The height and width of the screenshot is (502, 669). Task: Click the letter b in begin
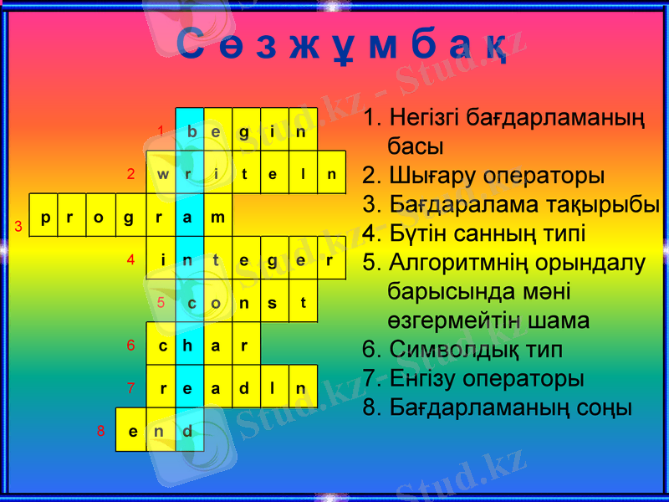[192, 131]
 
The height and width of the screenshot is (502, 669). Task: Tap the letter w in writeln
[162, 174]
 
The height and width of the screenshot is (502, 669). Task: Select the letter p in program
[44, 218]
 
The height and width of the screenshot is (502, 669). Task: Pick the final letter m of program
[217, 218]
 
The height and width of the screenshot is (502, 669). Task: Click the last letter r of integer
[330, 260]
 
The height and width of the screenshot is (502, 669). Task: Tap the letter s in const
[273, 303]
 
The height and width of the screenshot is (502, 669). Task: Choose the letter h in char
[189, 345]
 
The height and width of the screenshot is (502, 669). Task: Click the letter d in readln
[244, 388]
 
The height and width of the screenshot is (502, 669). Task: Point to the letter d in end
[188, 431]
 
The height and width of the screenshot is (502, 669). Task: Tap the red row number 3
[18, 227]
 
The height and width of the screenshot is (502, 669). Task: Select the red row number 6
[130, 346]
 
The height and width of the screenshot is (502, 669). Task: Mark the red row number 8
[100, 432]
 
